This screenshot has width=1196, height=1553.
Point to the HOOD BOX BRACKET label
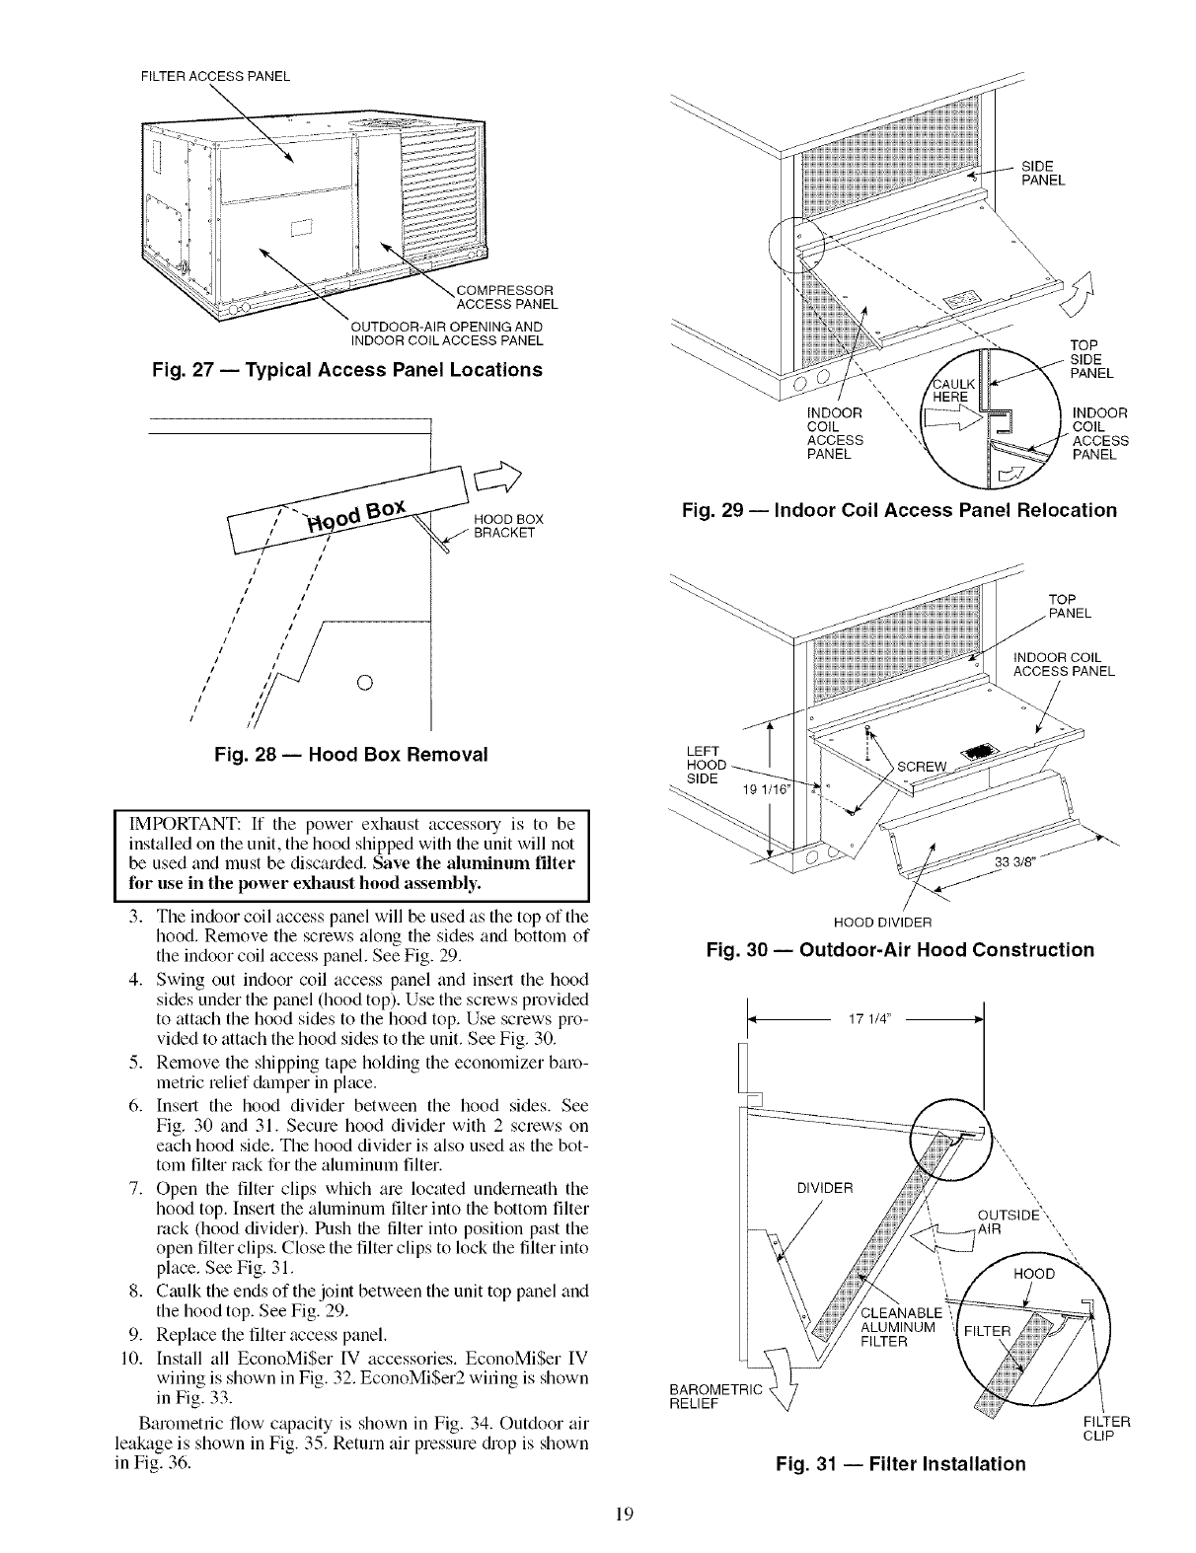(x=503, y=526)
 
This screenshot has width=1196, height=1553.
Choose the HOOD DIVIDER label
(x=883, y=924)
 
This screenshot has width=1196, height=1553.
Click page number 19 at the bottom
(x=598, y=1516)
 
